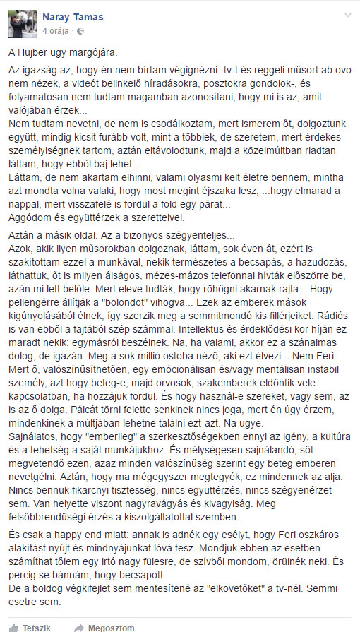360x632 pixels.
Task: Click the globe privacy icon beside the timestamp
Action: [x=79, y=32]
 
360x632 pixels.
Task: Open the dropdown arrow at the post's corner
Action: [x=346, y=16]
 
